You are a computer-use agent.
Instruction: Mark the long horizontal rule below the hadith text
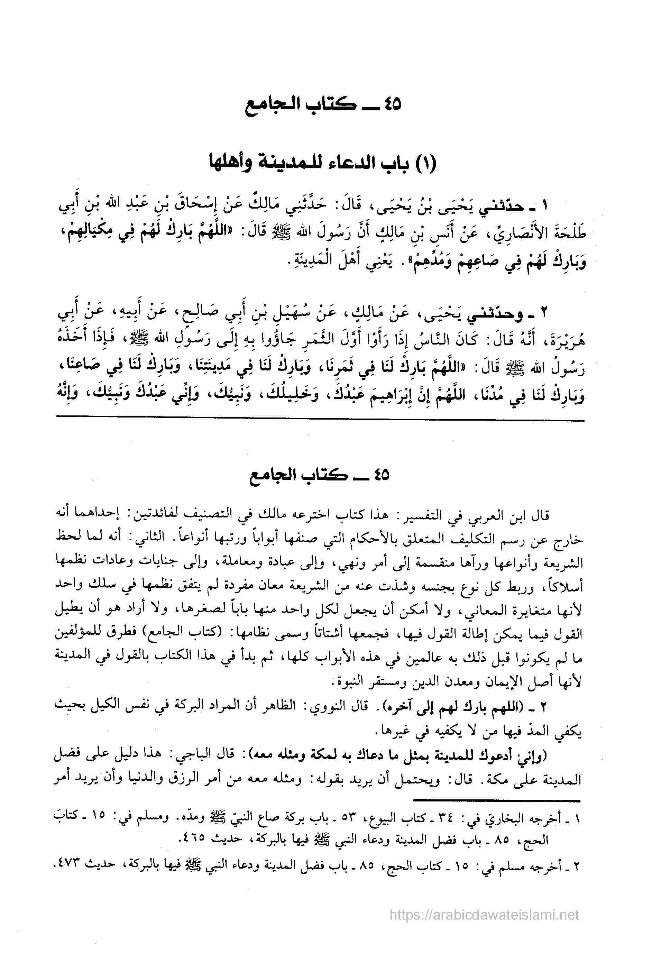(x=320, y=422)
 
